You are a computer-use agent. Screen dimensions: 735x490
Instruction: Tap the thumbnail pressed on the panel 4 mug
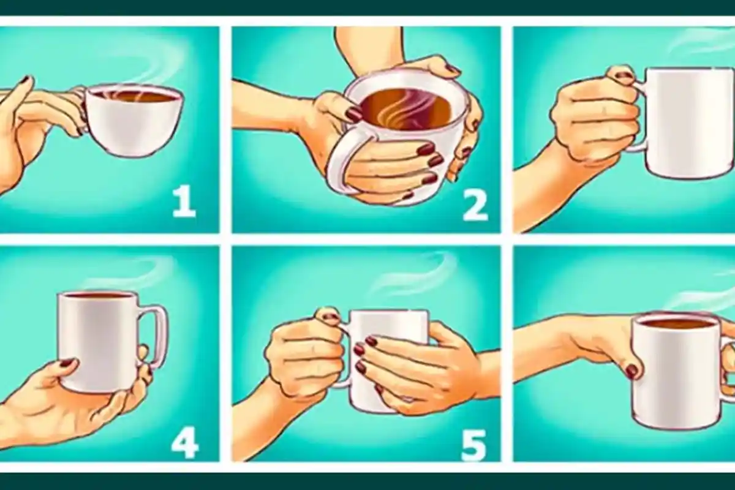[68, 363]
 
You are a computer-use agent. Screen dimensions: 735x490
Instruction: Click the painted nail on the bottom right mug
[631, 371]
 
